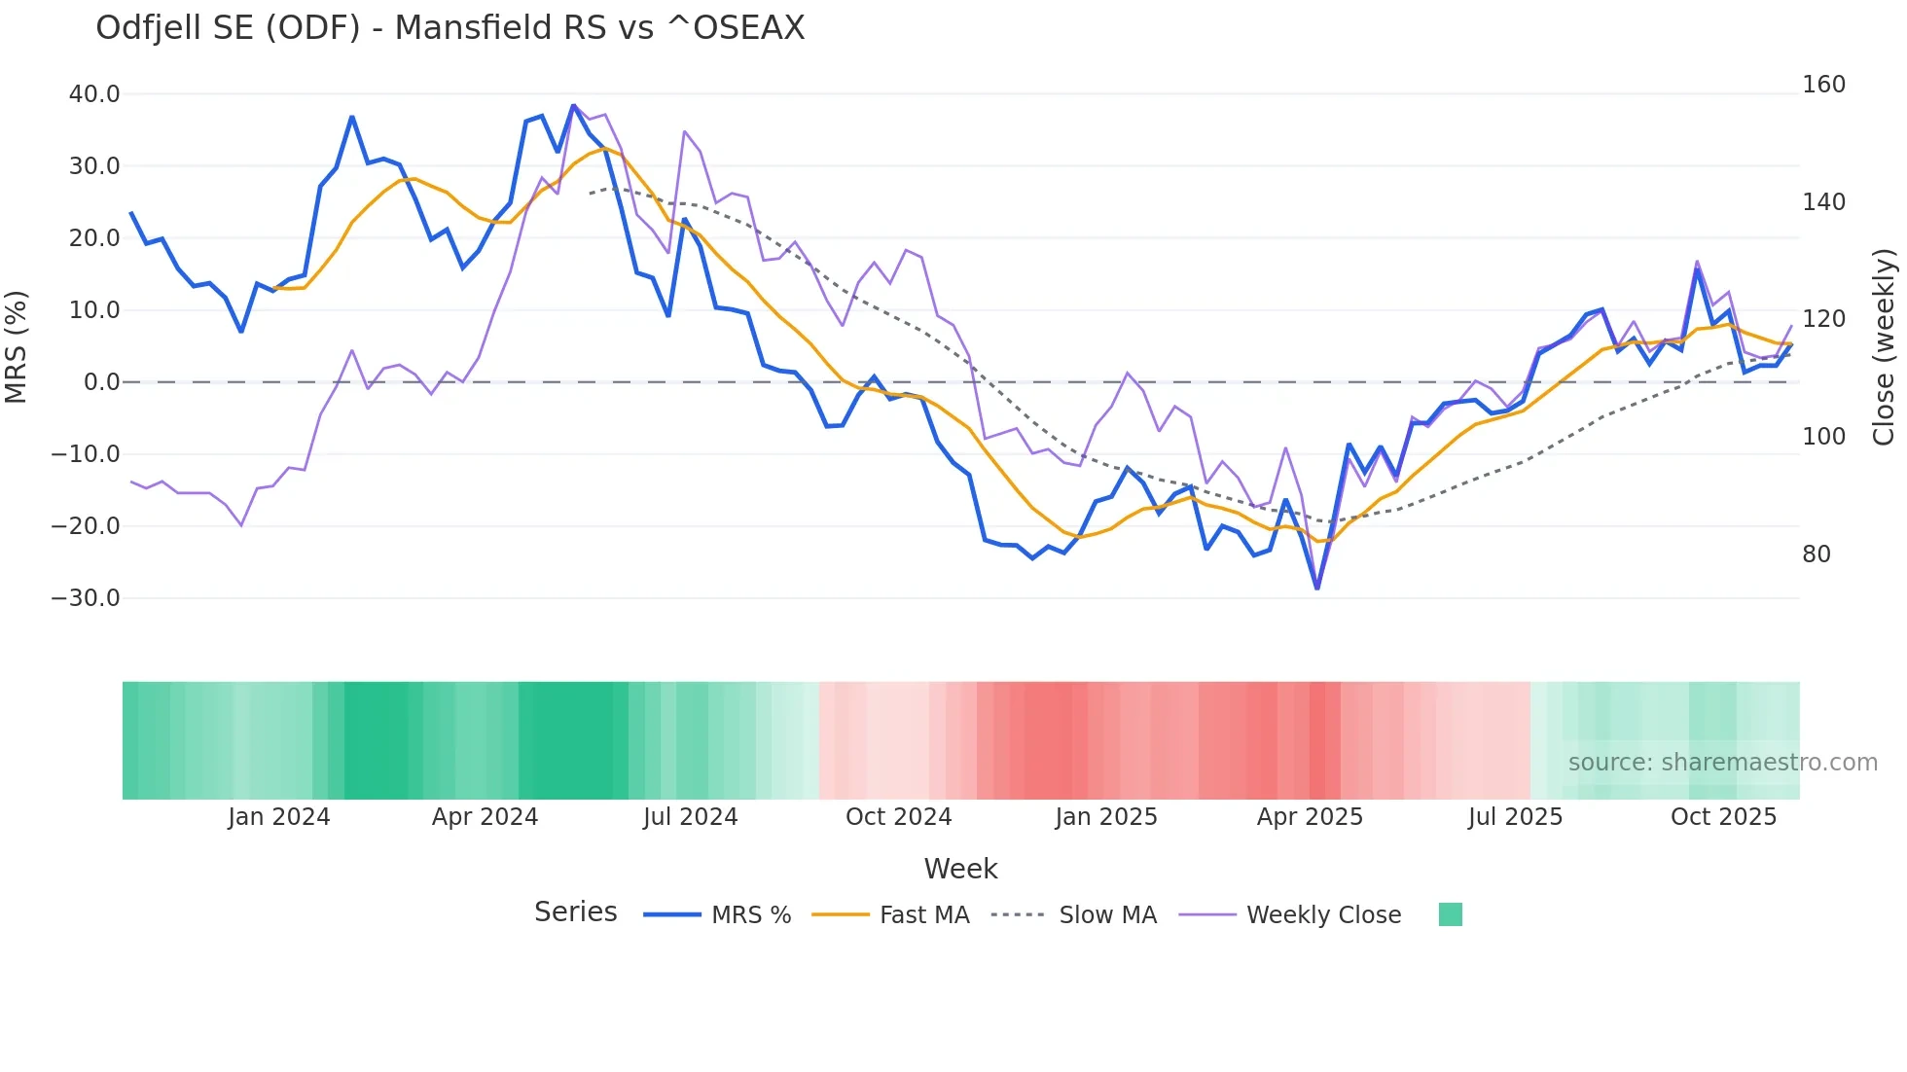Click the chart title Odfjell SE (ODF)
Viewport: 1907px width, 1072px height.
pos(450,28)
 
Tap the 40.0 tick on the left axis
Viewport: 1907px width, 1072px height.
pos(94,94)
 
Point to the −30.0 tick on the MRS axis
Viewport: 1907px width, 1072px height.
pos(86,598)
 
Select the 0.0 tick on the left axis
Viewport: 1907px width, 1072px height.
pos(101,382)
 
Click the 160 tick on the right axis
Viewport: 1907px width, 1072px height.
pos(1823,85)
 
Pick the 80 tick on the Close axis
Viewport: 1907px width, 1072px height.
pos(1817,554)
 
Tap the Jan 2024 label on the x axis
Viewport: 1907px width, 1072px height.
pos(279,817)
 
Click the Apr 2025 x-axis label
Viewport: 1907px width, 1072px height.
pos(1310,817)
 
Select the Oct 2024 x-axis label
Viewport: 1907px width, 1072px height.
pos(898,817)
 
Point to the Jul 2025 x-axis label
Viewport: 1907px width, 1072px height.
pos(1515,817)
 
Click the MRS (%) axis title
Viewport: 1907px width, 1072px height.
pos(16,346)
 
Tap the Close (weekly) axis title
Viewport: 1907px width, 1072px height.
pos(1884,346)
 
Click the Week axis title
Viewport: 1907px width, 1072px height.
pos(960,869)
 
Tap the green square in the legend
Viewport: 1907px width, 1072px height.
pos(1450,914)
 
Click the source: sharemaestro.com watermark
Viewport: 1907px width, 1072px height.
pos(1722,763)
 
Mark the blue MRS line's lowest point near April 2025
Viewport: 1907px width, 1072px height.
pos(1317,588)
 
